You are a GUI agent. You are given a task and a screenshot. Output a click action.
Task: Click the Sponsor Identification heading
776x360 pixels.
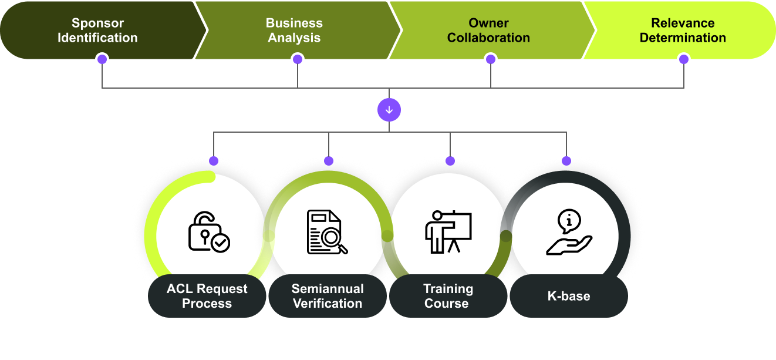[x=97, y=31]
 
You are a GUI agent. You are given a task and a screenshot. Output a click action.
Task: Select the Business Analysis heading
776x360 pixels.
[x=294, y=31]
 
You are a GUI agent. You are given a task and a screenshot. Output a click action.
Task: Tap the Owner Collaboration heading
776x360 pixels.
[x=488, y=31]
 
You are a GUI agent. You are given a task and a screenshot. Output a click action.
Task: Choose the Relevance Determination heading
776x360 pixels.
[x=683, y=31]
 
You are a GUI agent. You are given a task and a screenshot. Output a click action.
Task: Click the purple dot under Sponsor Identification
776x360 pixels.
[x=102, y=59]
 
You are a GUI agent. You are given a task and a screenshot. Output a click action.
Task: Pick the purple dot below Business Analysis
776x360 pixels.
[x=298, y=59]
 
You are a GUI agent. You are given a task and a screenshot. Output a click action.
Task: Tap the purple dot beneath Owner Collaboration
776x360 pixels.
[x=491, y=59]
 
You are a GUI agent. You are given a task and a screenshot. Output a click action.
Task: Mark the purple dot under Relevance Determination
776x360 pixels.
[x=683, y=59]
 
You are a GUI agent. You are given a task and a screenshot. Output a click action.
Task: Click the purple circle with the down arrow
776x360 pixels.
[x=389, y=110]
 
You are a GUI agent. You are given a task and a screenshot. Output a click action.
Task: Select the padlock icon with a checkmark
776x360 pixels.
[x=208, y=232]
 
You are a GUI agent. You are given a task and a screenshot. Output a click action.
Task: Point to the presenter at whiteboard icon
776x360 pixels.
[x=448, y=232]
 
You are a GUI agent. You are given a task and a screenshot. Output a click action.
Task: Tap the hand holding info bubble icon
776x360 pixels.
[x=568, y=232]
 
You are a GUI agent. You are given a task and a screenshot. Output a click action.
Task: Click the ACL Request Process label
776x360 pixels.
[x=207, y=296]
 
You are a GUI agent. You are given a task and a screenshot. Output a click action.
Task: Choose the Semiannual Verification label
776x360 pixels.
[x=328, y=296]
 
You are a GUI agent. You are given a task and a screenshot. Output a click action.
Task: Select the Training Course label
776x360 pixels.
[x=448, y=296]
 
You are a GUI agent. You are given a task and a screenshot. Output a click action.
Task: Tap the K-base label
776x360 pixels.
[x=568, y=296]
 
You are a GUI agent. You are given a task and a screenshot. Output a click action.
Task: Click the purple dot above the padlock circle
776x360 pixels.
[x=214, y=160]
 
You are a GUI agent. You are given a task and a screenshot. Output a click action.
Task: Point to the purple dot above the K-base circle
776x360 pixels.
[x=566, y=160]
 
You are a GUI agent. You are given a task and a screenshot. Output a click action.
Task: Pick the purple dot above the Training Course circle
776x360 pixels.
[x=450, y=160]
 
